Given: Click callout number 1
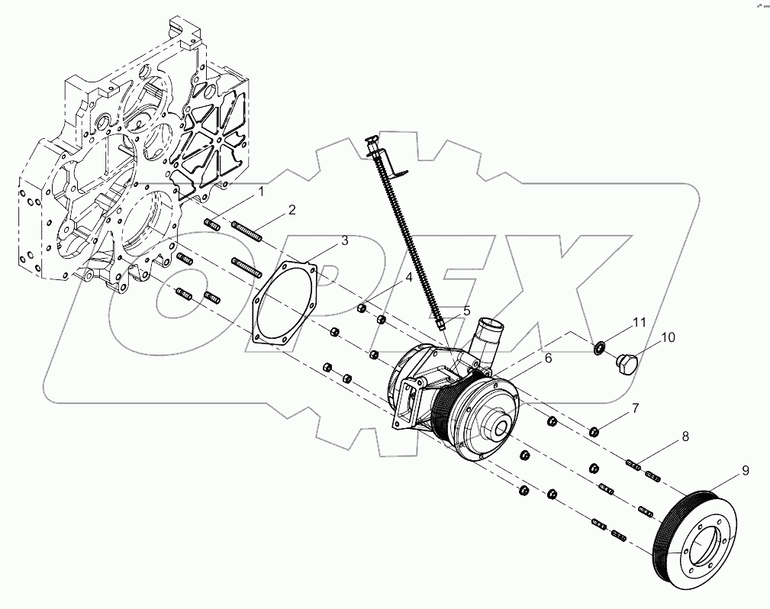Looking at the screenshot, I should click(x=260, y=192).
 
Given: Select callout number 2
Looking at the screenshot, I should click(x=292, y=209).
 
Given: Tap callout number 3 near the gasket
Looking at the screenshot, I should click(x=344, y=240).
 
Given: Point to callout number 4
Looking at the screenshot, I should click(x=408, y=278).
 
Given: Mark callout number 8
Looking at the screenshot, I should click(x=685, y=437).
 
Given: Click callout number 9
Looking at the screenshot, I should click(x=746, y=472).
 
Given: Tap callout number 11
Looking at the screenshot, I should click(x=640, y=323).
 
